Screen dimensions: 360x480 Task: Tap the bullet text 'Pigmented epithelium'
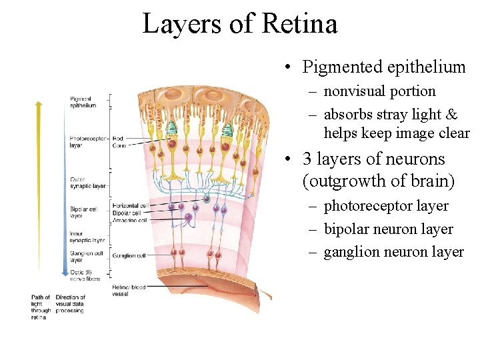pyautogui.click(x=384, y=67)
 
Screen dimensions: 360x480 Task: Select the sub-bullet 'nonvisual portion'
pyautogui.click(x=379, y=91)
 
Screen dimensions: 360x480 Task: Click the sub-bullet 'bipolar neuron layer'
pyautogui.click(x=388, y=229)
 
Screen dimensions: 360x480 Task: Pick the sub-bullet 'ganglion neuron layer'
pyautogui.click(x=393, y=252)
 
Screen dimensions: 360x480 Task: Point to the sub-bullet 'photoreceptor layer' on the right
pyautogui.click(x=386, y=207)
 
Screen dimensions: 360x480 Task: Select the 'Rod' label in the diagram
pyautogui.click(x=118, y=139)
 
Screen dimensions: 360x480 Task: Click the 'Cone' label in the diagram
pyautogui.click(x=119, y=145)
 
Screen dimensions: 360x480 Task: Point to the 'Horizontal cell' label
pyautogui.click(x=130, y=206)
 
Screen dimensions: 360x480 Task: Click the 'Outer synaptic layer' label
pyautogui.click(x=87, y=183)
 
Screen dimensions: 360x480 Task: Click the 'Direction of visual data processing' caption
pyautogui.click(x=70, y=304)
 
